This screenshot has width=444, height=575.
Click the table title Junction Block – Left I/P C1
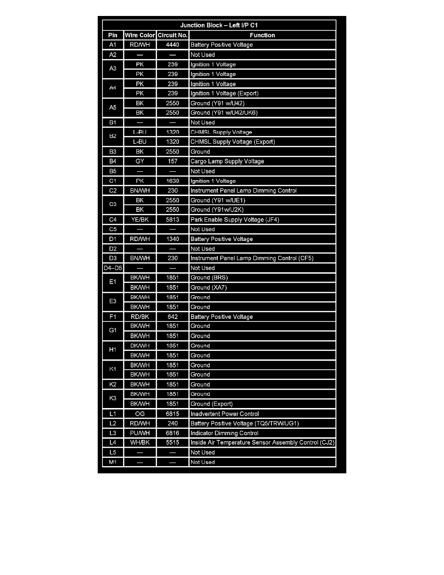point(222,25)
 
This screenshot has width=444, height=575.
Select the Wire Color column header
point(140,35)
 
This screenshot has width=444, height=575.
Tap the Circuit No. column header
point(173,35)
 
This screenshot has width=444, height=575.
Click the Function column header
point(262,35)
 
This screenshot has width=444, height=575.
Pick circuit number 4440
point(173,45)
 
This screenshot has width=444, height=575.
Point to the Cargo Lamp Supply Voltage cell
point(227,161)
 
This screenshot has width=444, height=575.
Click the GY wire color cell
point(140,161)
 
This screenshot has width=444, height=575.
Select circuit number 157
point(173,161)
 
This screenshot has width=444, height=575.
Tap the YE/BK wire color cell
point(140,220)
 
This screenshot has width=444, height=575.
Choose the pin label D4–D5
point(112,268)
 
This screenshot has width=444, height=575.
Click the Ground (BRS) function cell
point(209,278)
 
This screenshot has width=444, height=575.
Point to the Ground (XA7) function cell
point(208,287)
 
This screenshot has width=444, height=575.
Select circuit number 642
point(173,317)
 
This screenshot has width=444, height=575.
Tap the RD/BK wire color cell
point(140,317)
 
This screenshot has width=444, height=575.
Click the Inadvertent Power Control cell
point(224,414)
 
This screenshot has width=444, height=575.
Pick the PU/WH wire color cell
point(140,433)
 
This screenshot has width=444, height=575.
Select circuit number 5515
point(173,443)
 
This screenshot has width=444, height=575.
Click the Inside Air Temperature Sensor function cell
point(262,443)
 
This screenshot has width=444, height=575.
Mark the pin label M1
point(112,462)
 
